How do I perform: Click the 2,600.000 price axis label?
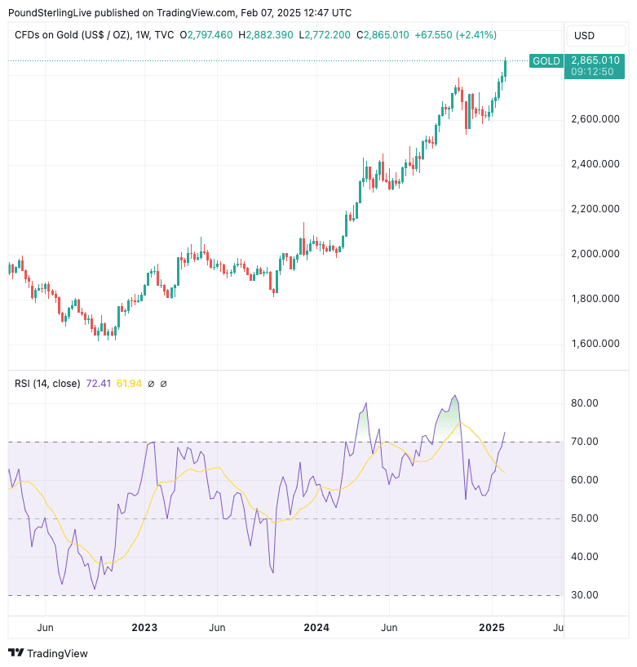(x=595, y=119)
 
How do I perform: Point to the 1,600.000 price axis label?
(x=595, y=344)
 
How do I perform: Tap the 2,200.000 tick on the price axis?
(x=595, y=209)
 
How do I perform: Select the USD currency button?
(x=585, y=35)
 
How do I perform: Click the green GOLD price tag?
(x=546, y=61)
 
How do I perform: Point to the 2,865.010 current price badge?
(x=595, y=60)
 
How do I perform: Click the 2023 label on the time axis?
(x=144, y=627)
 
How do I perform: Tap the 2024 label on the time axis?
(x=316, y=627)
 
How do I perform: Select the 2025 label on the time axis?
(x=492, y=627)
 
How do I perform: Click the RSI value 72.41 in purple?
(x=98, y=383)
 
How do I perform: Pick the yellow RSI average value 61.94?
(x=129, y=383)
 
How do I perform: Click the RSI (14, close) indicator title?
(x=46, y=383)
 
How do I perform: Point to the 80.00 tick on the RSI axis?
(x=586, y=403)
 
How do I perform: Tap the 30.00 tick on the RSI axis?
(x=586, y=595)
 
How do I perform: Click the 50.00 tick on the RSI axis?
(x=586, y=518)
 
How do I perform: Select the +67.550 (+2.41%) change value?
(x=455, y=35)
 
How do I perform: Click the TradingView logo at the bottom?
(x=48, y=653)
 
